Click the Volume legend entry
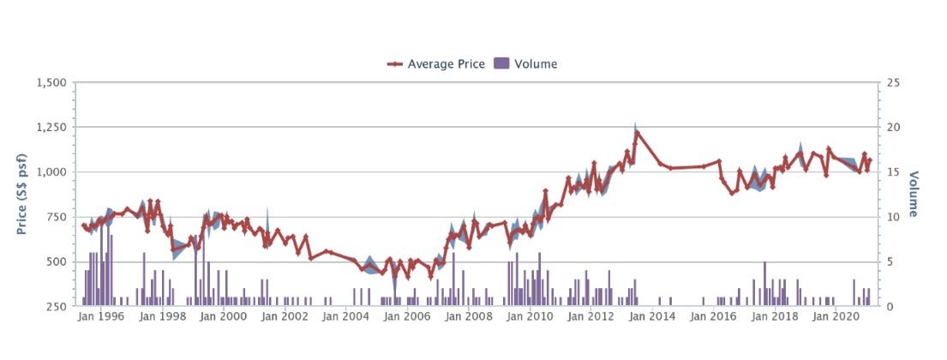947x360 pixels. coord(535,63)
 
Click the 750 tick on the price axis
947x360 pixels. coord(56,217)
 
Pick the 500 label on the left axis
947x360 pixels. coord(56,261)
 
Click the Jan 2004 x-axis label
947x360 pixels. coord(349,317)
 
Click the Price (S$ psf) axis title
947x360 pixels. coord(21,194)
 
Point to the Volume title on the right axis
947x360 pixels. coord(915,194)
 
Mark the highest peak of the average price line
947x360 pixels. coord(636,132)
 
